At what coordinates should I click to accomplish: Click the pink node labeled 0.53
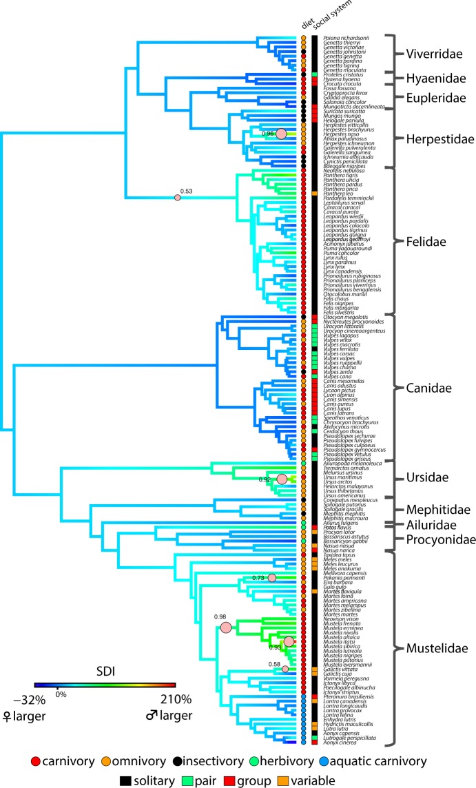pos(177,198)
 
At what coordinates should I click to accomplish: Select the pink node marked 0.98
pos(226,627)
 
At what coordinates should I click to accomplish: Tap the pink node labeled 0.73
pos(271,578)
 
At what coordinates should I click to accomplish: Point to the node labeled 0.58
pos(285,668)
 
